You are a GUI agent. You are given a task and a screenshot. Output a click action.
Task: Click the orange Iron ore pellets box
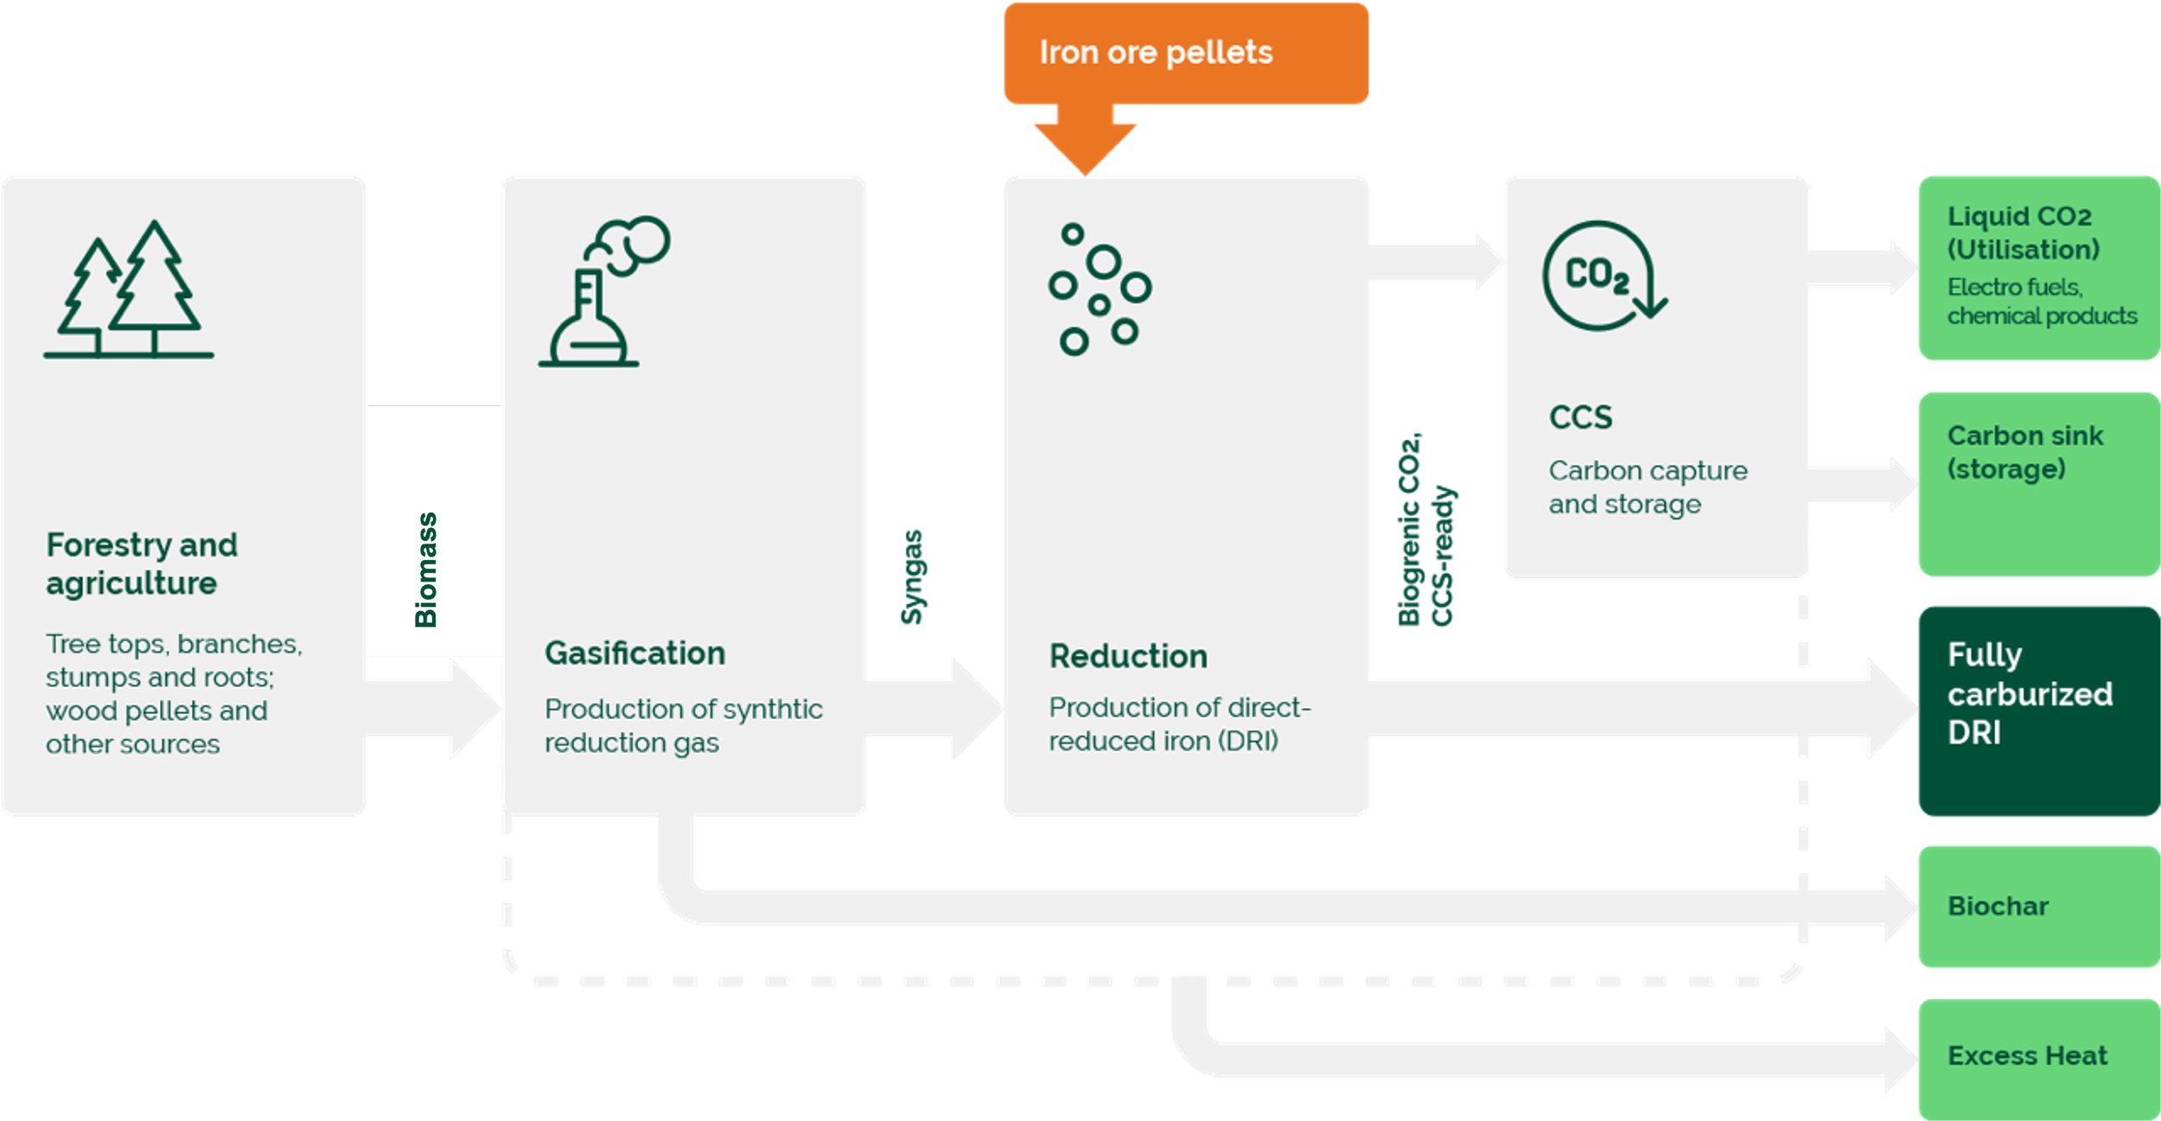click(1186, 54)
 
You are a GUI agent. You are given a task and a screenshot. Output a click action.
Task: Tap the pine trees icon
click(129, 289)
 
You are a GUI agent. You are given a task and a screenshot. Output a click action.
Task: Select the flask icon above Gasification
click(604, 291)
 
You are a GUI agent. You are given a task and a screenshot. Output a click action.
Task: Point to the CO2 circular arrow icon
click(1604, 276)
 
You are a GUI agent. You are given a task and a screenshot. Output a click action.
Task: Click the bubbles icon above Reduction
click(1100, 289)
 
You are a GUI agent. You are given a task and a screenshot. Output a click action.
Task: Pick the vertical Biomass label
click(426, 570)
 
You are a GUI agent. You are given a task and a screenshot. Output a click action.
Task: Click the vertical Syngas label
click(912, 576)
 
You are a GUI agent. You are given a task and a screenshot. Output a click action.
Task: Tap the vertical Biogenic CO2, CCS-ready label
click(1426, 529)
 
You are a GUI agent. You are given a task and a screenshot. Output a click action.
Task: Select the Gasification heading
click(634, 653)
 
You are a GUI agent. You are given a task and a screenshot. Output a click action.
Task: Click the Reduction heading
click(1128, 656)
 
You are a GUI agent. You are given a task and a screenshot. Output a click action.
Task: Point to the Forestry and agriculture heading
click(142, 564)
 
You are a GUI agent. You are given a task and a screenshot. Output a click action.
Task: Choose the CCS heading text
click(1580, 417)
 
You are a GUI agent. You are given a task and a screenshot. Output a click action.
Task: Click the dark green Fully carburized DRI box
click(2039, 710)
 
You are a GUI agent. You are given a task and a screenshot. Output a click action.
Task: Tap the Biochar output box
click(2039, 906)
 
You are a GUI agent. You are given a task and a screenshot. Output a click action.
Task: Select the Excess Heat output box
click(2039, 1059)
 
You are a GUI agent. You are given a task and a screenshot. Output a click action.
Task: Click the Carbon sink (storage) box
click(2039, 484)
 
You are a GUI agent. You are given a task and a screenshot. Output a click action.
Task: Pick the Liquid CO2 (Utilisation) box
click(2039, 268)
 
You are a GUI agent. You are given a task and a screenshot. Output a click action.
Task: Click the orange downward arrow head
click(1086, 149)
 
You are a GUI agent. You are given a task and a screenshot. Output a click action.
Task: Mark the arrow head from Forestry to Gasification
click(476, 709)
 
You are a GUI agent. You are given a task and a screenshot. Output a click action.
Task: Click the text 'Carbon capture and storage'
click(1648, 487)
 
